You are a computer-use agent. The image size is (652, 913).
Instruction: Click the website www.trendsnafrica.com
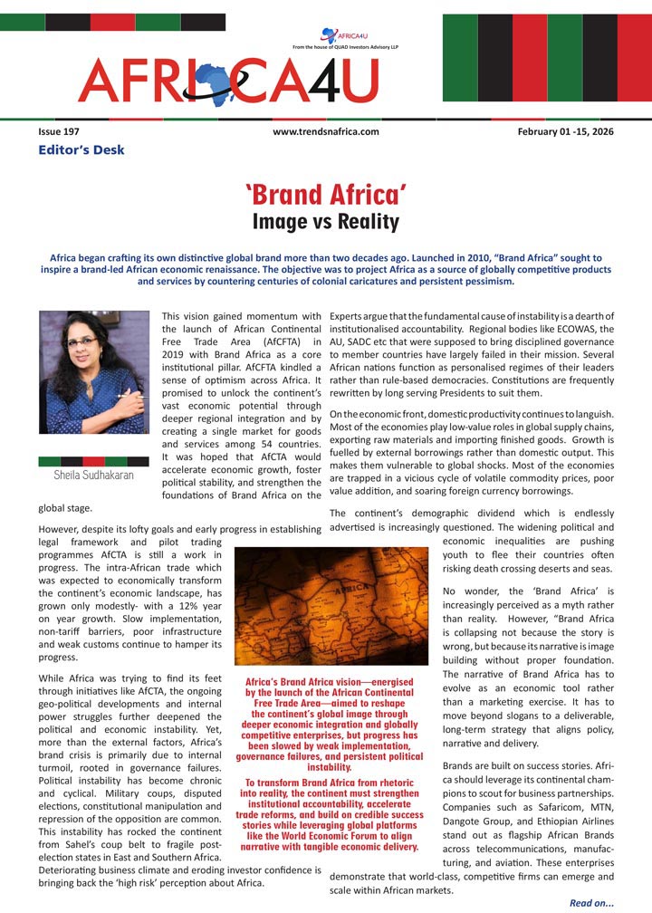point(325,132)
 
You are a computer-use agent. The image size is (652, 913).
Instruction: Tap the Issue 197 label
point(59,132)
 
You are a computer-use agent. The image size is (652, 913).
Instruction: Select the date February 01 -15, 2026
point(565,132)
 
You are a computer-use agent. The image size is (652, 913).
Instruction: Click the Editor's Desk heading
point(81,149)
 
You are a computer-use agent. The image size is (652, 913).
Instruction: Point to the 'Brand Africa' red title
point(325,194)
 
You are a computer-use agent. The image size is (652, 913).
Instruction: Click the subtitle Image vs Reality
point(325,221)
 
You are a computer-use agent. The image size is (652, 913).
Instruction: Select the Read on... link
point(591,902)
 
